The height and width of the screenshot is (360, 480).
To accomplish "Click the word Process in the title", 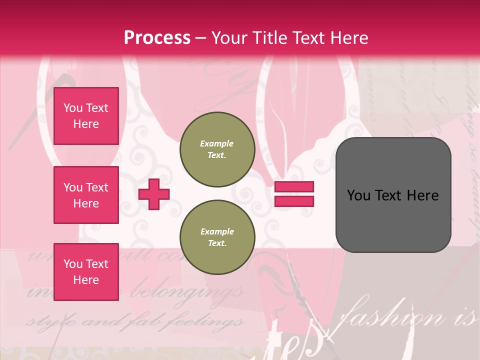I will click(157, 38).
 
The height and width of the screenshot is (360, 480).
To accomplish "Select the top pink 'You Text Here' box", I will click(86, 116).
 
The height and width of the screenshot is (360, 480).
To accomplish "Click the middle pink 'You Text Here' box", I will click(86, 195).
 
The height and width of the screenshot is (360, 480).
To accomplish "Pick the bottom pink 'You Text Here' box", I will click(86, 271).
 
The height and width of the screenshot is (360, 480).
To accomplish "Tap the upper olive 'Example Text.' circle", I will click(217, 149).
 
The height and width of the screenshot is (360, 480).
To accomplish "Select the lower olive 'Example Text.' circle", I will click(217, 237).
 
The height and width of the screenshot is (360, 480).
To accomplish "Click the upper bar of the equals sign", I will click(294, 187).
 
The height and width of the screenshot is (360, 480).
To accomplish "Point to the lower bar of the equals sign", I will click(294, 201).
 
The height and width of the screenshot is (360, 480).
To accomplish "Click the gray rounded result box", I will click(393, 195).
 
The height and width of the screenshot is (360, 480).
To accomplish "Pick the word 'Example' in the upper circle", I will click(217, 144).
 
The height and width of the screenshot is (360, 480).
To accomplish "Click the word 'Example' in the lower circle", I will click(217, 232).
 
